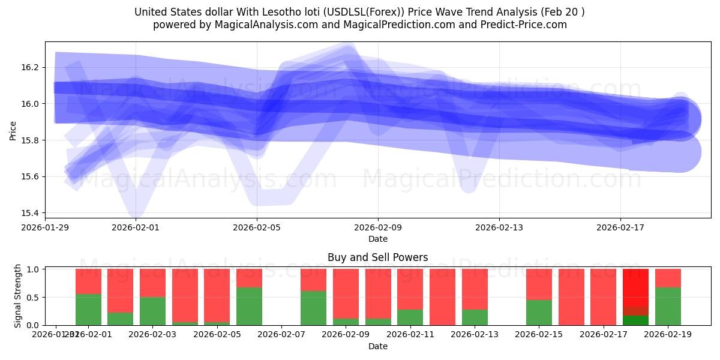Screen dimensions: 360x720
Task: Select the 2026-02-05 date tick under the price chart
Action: tap(257, 227)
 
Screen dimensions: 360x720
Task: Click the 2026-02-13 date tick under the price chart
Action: tap(499, 227)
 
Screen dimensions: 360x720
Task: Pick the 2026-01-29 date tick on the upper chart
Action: tap(46, 227)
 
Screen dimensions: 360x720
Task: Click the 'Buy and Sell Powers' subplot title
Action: tap(378, 257)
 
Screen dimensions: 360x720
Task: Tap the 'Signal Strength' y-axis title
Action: tap(17, 296)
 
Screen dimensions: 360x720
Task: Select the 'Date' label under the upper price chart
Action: tap(378, 239)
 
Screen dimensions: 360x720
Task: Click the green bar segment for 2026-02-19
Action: tap(668, 306)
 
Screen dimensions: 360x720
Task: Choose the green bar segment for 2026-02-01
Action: tap(88, 310)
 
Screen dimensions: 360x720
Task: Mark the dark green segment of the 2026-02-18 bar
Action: tap(635, 320)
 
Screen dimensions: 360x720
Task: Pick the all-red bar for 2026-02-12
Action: tap(442, 297)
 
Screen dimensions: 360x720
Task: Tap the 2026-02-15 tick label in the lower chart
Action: tap(539, 334)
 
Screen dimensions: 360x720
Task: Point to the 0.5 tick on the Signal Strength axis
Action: tap(34, 297)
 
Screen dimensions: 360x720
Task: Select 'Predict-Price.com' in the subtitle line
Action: tap(524, 25)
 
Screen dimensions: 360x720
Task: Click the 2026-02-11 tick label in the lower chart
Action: tap(410, 334)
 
